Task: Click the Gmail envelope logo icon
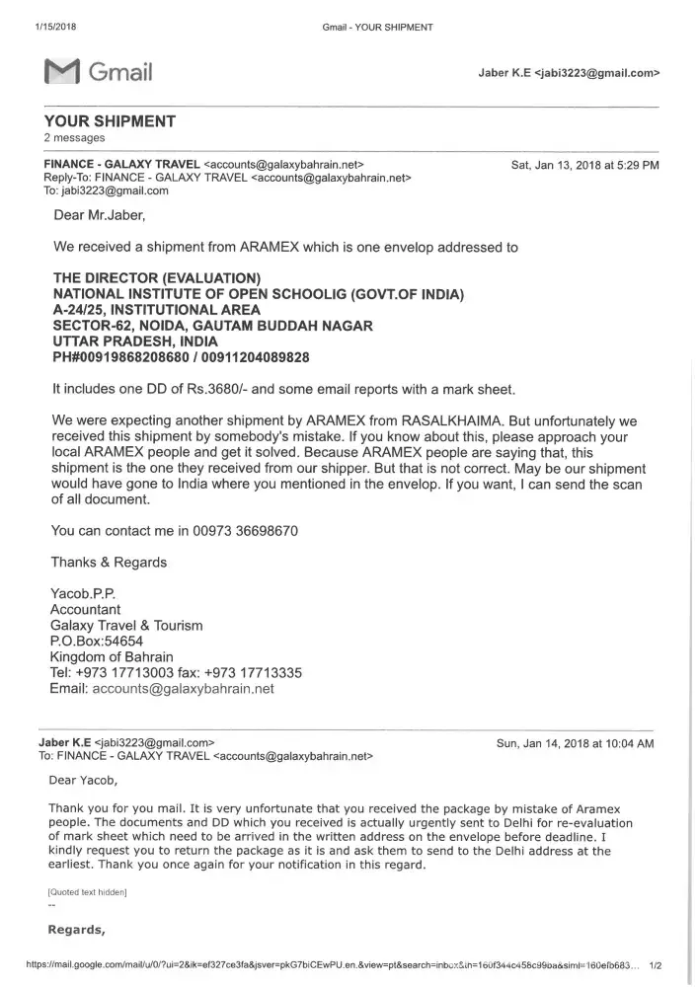click(x=61, y=72)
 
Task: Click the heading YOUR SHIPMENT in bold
click(x=110, y=121)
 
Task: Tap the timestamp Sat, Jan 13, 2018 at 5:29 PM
click(x=584, y=165)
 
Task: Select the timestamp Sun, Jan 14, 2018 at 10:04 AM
click(x=575, y=744)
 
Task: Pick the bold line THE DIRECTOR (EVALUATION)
click(x=156, y=278)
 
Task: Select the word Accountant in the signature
click(x=85, y=610)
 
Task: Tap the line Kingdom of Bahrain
click(x=112, y=657)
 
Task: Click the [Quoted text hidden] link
click(x=87, y=892)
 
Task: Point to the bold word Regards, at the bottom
click(x=76, y=930)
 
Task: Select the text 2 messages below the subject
click(x=74, y=138)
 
